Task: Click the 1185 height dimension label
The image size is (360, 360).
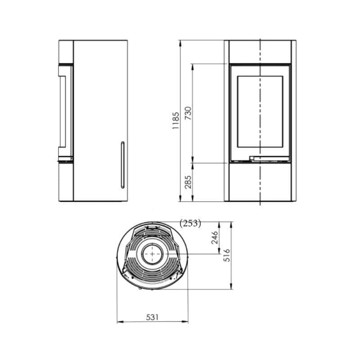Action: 175,121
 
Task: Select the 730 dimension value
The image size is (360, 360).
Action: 188,113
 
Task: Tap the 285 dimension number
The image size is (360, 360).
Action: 188,182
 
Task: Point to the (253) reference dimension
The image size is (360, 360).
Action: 190,223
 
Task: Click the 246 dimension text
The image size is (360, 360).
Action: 215,238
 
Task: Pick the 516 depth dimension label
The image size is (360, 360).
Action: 227,255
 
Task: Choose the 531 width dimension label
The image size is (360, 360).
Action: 152,317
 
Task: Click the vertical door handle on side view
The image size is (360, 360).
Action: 122,165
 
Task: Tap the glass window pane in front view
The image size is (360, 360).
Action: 260,112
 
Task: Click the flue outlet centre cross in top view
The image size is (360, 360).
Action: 153,254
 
